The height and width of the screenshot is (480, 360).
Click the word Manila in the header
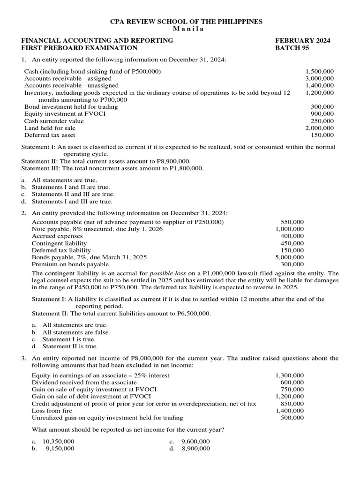180,29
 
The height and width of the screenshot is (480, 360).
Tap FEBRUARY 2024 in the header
302,41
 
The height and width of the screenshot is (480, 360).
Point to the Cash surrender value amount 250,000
322,121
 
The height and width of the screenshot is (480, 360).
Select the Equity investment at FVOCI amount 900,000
322,114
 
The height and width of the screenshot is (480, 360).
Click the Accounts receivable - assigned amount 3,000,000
319,79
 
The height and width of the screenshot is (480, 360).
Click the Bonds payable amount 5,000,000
289,257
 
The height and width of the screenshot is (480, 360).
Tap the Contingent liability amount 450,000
292,243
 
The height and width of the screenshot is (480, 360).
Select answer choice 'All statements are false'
76,332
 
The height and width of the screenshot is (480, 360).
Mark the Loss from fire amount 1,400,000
289,411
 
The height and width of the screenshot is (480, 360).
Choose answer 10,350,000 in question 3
58,442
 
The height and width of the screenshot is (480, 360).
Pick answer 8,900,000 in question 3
195,449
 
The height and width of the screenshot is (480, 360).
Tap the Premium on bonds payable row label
70,264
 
